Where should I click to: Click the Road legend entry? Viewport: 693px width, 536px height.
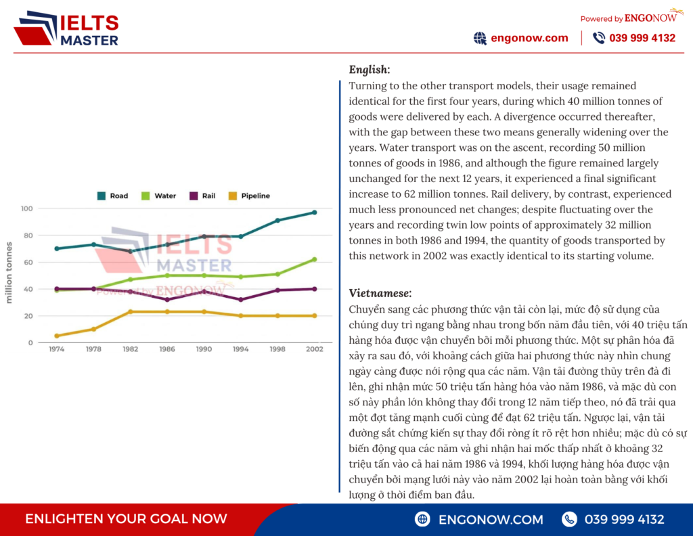tap(112, 196)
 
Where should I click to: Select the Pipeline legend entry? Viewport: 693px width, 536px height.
tap(249, 196)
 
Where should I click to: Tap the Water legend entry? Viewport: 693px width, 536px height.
tap(158, 196)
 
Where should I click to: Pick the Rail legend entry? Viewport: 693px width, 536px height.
tap(202, 196)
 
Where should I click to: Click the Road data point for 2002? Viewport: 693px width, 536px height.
tap(315, 213)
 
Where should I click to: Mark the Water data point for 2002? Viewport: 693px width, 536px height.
tap(315, 259)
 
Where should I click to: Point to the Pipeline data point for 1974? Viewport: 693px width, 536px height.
tap(57, 336)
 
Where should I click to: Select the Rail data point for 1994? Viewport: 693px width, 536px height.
tap(241, 300)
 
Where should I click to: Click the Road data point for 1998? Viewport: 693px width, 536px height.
tap(277, 221)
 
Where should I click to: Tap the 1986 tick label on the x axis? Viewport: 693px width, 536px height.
tap(167, 349)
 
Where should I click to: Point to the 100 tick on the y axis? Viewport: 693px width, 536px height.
tap(26, 208)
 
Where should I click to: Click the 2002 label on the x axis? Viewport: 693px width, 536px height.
tap(315, 349)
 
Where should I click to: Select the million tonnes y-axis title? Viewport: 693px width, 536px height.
tap(9, 273)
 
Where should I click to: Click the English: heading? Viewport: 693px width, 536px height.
tap(370, 70)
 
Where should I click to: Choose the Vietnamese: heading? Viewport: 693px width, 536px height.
tap(380, 293)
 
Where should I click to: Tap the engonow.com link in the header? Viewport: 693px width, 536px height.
tap(529, 38)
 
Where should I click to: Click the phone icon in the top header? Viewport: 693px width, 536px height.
tap(599, 38)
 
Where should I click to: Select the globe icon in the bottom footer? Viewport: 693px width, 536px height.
tap(422, 519)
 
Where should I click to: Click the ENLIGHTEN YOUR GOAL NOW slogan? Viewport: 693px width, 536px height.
tap(126, 519)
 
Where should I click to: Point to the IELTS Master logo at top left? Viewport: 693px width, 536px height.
tap(67, 28)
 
